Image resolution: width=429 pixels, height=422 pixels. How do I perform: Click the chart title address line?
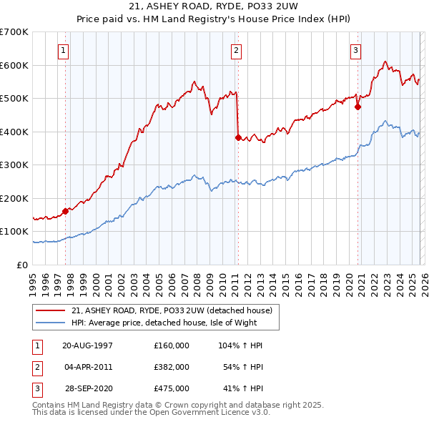tap(214, 6)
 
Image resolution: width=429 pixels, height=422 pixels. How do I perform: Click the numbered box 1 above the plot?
tap(64, 50)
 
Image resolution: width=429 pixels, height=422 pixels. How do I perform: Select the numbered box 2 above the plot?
tap(236, 50)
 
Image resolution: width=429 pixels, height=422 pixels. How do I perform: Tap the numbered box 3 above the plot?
tap(356, 50)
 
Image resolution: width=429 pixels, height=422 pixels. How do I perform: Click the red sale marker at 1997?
tap(65, 211)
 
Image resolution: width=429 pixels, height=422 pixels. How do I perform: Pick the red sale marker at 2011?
tap(237, 137)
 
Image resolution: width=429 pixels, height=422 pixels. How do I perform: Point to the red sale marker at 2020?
tap(358, 107)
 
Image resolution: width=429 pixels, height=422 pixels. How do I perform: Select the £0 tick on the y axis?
tap(24, 265)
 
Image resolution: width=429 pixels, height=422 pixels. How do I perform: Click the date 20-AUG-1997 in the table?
tap(87, 345)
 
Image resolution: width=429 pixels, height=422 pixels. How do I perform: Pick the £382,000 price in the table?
tap(172, 367)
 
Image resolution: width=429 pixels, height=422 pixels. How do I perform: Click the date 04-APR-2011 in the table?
tap(87, 367)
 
